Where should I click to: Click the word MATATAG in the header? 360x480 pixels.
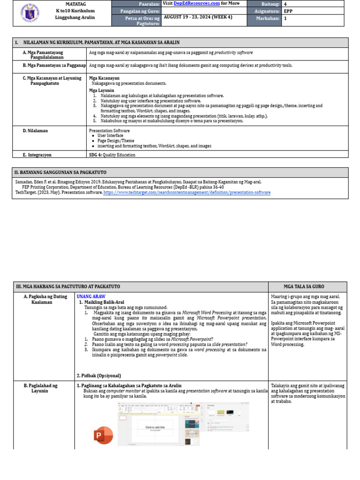75,4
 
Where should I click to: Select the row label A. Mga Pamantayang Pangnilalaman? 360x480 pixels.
50,55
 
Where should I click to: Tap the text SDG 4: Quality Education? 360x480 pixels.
112,155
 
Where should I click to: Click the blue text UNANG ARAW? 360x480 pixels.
91,297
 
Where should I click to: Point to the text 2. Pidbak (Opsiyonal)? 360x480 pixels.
98,375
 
